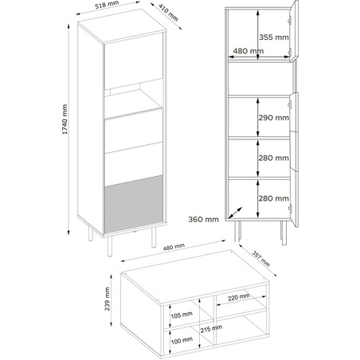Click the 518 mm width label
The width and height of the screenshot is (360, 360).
click(107, 5)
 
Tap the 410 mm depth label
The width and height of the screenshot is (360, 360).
click(169, 13)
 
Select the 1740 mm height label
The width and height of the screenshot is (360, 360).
click(65, 119)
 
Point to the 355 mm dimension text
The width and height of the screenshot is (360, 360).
click(274, 37)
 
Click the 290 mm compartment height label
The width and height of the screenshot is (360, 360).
click(274, 118)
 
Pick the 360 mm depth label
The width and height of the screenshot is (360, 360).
click(204, 219)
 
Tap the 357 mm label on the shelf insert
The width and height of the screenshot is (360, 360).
click(260, 259)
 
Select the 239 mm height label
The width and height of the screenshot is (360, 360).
click(108, 299)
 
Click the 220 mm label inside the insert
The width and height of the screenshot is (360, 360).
click(239, 297)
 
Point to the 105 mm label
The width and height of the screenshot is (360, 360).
click(182, 315)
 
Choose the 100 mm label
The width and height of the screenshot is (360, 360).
click(182, 340)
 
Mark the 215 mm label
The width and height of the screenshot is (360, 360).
click(211, 329)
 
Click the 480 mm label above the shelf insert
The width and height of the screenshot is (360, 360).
click(174, 247)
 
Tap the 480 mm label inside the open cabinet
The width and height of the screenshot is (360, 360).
click(248, 51)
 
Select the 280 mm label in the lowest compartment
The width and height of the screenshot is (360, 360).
click(274, 198)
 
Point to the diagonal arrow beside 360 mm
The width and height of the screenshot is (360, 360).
click(235, 213)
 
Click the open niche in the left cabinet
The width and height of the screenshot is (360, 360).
click(133, 99)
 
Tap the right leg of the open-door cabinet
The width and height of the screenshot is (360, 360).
click(284, 233)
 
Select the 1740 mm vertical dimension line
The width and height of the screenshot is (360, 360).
click(68, 130)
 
